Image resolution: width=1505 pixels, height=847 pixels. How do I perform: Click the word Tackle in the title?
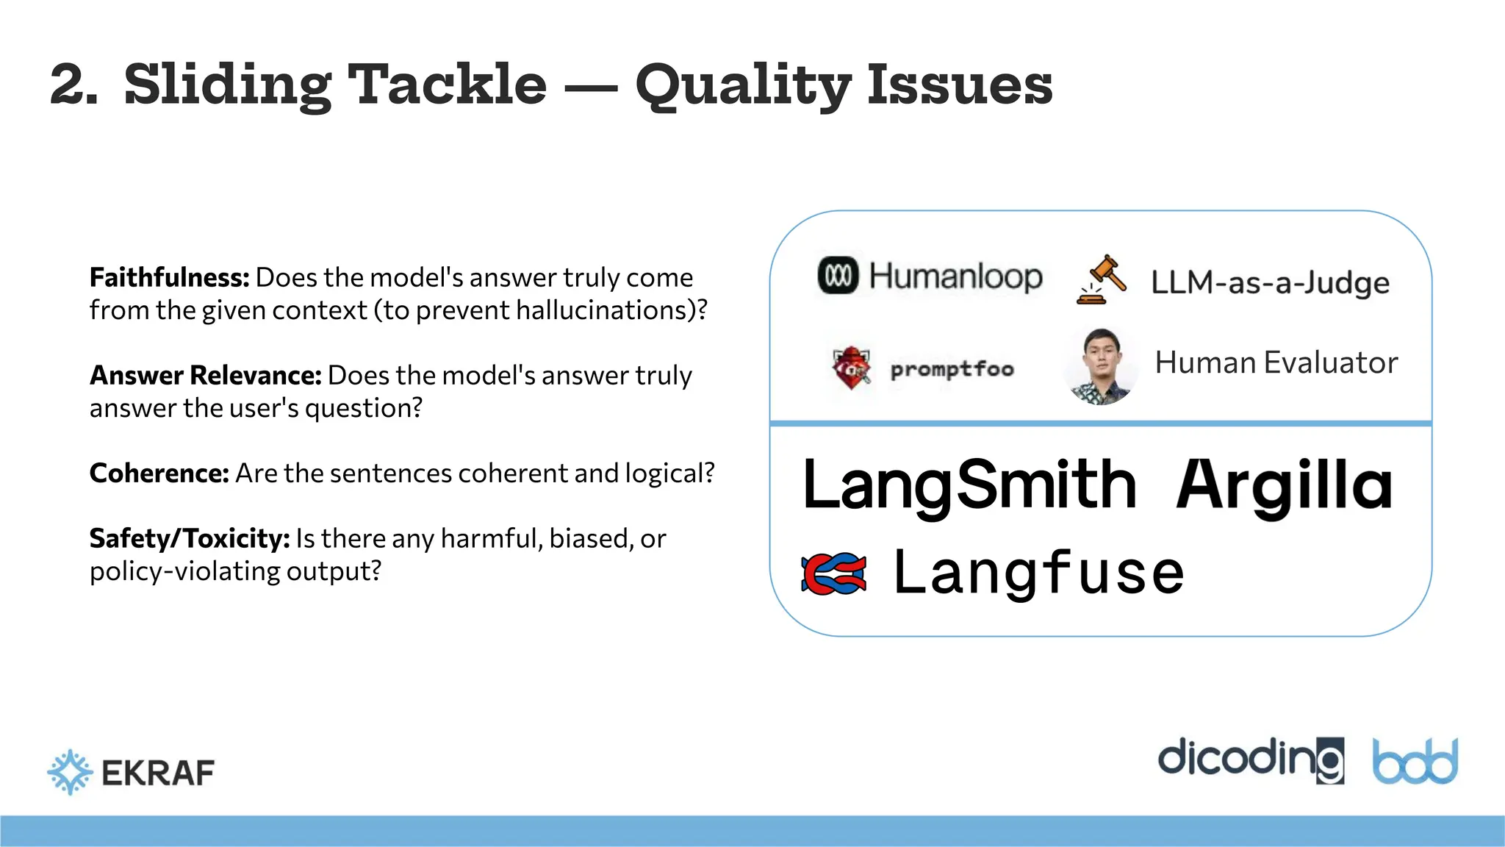click(x=446, y=85)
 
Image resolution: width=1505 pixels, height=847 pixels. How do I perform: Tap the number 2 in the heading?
click(x=72, y=86)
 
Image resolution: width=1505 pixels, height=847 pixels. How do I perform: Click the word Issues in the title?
click(x=959, y=85)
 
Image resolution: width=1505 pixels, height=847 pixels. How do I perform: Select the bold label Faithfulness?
click(x=170, y=278)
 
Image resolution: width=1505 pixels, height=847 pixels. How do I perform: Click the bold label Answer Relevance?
click(x=206, y=376)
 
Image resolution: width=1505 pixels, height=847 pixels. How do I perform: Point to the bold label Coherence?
click(x=159, y=473)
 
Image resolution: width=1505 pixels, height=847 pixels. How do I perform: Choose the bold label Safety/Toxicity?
click(x=190, y=539)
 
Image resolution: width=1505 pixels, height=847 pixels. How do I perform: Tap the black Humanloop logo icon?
click(x=838, y=276)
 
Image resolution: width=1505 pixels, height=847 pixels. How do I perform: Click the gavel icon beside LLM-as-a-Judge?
click(x=1102, y=280)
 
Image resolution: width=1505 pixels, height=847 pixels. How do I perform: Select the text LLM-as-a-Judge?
click(x=1270, y=283)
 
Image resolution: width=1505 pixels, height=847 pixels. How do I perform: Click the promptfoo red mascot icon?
click(x=851, y=368)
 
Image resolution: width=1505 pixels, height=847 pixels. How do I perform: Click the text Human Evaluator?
click(x=1276, y=363)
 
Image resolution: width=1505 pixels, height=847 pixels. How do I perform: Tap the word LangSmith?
click(x=969, y=485)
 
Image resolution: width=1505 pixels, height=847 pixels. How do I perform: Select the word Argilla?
click(x=1284, y=485)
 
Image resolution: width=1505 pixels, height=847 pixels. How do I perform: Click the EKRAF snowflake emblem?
click(x=70, y=772)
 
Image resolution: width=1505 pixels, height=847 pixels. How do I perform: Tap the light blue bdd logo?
click(x=1415, y=762)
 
